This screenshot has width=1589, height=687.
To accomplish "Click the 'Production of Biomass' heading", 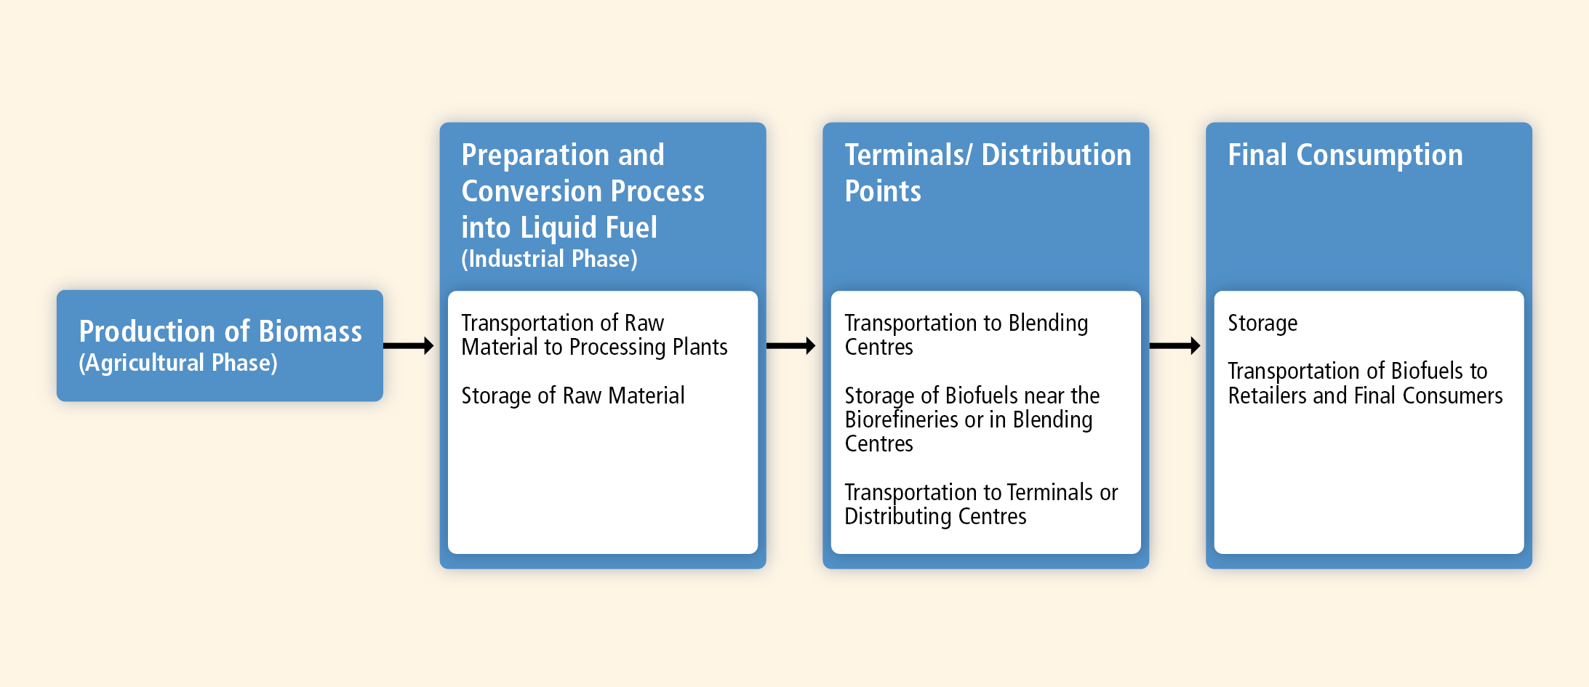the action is tap(220, 332).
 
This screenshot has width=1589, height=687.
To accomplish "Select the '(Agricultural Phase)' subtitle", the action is tap(178, 363).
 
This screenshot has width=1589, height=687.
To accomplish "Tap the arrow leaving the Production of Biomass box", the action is tap(409, 346).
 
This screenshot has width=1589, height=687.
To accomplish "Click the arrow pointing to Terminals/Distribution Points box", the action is tap(791, 346).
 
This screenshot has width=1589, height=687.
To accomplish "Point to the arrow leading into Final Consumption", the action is tap(1174, 346).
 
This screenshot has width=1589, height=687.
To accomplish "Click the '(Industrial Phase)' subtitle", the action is tap(550, 259).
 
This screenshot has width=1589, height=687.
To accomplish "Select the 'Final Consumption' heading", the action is tap(1345, 156).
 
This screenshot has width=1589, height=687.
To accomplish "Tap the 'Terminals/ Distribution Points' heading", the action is tap(988, 173).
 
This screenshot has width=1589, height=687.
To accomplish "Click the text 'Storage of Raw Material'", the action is tap(573, 396).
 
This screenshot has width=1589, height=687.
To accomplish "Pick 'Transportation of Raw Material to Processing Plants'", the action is tap(594, 335).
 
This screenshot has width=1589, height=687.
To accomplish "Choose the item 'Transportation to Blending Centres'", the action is tap(966, 335).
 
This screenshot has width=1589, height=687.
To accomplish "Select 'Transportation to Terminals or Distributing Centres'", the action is tap(981, 505).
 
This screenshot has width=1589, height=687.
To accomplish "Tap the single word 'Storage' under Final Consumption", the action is tap(1262, 324).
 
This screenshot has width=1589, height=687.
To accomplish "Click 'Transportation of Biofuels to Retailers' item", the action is tap(1365, 383).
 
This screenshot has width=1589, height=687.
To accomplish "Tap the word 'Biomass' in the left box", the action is tap(311, 332).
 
